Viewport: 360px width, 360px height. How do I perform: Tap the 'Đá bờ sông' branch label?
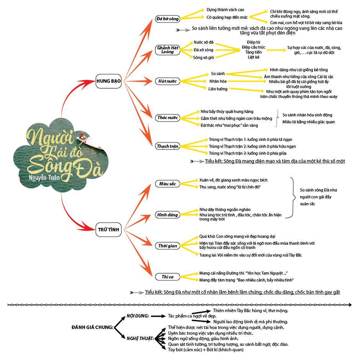(x=167, y=19)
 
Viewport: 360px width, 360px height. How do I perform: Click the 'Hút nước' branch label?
(x=167, y=81)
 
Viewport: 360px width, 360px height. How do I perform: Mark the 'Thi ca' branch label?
(x=167, y=276)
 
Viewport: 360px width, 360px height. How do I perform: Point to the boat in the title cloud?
(x=85, y=139)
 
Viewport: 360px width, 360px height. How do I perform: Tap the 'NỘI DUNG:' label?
(x=138, y=316)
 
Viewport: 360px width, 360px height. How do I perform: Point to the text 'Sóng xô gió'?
(x=203, y=57)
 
